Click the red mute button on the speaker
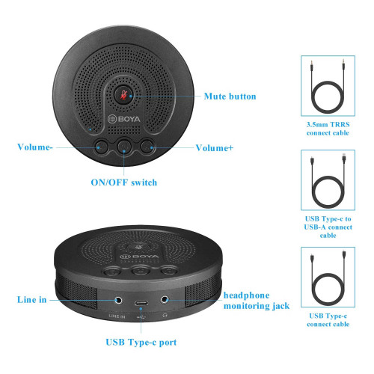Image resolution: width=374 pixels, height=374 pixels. (124, 95)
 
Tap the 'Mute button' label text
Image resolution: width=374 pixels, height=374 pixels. (230, 96)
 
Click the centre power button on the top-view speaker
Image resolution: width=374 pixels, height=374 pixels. (125, 146)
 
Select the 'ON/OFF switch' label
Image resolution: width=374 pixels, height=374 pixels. (124, 183)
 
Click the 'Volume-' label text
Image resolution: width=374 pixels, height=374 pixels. (35, 147)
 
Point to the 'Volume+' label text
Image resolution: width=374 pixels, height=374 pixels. (215, 148)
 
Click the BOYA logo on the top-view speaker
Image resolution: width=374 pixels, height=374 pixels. (124, 119)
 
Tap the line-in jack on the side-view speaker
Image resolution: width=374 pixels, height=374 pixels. (118, 300)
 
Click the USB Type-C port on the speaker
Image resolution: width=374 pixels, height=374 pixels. (141, 303)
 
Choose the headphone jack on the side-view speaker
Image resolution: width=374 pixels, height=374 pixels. (165, 299)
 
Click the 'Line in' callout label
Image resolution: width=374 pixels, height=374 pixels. (32, 299)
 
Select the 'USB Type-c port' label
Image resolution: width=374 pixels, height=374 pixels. (141, 343)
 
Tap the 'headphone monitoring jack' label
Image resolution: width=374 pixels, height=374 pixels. (257, 301)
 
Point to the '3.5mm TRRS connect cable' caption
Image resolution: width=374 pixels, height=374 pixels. (328, 129)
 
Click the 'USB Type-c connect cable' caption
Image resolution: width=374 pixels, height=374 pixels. (328, 320)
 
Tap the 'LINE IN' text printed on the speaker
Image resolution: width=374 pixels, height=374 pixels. (117, 316)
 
